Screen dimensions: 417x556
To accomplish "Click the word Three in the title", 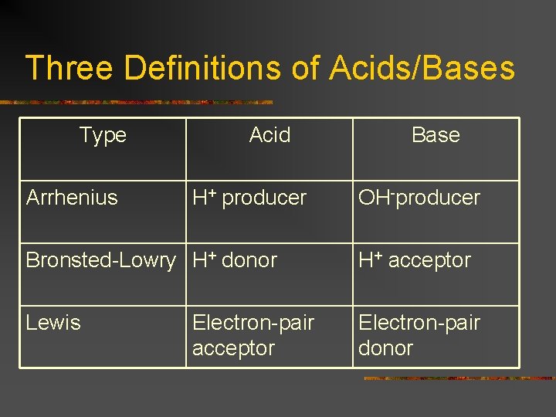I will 69,68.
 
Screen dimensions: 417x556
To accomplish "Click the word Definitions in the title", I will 202,68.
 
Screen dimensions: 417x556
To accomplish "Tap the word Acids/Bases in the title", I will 422,68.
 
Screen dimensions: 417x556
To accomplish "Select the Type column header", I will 103,135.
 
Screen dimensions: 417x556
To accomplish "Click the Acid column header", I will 270,135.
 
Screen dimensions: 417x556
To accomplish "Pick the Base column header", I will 436,135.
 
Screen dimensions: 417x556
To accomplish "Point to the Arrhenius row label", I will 72,198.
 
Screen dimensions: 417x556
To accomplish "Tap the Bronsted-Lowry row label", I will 101,260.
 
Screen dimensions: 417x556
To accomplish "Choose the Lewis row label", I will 53,323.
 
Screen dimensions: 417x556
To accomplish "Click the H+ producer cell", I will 249,198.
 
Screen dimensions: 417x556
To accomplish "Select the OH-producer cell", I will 419,198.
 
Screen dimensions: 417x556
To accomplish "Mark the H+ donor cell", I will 234,260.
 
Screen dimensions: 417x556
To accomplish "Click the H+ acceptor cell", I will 415,260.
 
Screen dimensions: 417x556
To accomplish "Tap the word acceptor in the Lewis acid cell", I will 233,348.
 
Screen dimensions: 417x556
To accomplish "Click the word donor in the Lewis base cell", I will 385,348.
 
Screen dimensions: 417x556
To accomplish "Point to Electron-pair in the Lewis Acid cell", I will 253,323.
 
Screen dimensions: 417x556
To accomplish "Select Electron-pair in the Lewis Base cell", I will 419,323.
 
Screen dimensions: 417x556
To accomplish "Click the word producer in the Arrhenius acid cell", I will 264,198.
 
